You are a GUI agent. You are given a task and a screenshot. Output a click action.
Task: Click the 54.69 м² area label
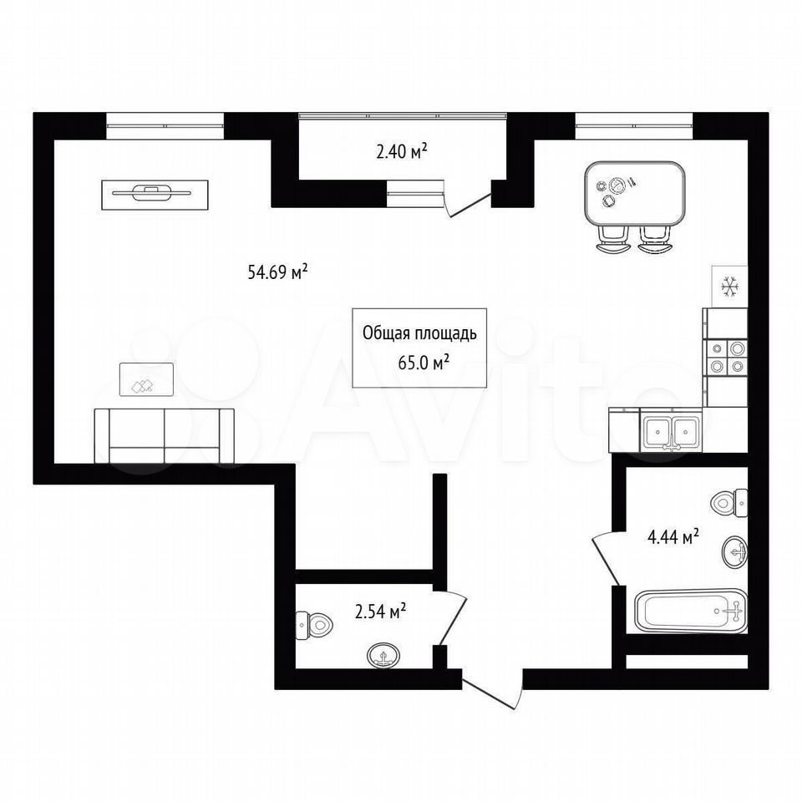pos(277,272)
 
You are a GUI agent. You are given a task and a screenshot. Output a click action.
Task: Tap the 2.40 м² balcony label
pos(402,151)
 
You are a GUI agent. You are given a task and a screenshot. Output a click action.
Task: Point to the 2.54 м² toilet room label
pos(381,611)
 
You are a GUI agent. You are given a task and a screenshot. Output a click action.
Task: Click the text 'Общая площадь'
pos(419,333)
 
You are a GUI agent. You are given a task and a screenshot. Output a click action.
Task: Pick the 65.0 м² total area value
pos(424,363)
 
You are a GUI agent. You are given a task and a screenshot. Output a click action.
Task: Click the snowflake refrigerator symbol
pos(730,286)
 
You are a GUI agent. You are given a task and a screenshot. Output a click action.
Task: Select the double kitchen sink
pos(671,432)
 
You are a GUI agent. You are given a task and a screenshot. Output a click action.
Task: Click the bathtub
pos(691,612)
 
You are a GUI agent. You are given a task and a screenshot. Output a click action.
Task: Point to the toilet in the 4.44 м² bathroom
pos(728,502)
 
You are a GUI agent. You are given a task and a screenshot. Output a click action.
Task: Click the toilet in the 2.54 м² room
pos(314,624)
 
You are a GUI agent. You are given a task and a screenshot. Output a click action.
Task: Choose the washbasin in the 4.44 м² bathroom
pos(735,551)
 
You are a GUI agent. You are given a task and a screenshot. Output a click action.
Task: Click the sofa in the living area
pos(165,436)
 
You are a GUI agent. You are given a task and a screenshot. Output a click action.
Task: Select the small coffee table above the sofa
pos(146,379)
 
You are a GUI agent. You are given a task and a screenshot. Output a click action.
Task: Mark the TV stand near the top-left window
pos(155,195)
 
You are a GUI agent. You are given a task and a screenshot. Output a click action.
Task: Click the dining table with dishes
pos(634,194)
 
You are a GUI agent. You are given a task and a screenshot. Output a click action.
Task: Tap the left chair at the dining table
pos(612,240)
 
